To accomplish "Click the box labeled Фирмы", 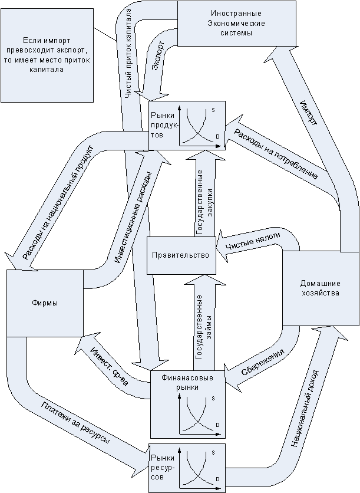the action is (45, 303).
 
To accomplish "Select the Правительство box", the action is (181, 255).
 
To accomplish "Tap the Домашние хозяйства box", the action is (321, 288).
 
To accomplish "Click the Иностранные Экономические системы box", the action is (236, 23).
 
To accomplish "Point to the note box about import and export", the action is (47, 55).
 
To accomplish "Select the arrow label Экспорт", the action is (158, 55).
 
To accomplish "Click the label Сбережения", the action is (263, 362).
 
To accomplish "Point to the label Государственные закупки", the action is (204, 203).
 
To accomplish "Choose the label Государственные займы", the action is (203, 327).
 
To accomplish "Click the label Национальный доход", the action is (305, 409).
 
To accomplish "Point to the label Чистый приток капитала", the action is (128, 53).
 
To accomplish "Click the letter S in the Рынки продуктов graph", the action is (213, 110).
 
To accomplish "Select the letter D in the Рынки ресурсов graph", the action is (217, 479).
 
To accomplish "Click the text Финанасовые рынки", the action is (187, 382).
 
